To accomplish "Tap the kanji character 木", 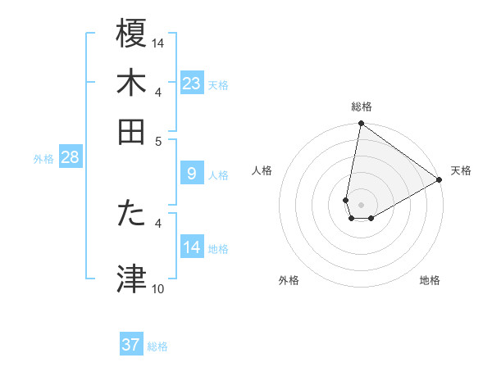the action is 132,82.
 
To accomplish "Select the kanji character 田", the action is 132,131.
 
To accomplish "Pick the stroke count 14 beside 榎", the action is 158,43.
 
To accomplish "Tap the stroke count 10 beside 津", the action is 158,288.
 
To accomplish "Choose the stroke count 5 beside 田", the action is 159,140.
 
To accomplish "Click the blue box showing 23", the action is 191,83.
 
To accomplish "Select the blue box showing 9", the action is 191,173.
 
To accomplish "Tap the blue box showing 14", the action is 191,247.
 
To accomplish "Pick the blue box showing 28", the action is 70,157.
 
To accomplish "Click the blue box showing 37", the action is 131,345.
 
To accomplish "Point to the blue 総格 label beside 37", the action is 157,346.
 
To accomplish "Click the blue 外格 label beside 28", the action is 43,159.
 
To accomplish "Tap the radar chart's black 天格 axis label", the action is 461,170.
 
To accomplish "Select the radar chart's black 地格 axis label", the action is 430,280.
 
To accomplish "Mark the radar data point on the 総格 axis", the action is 361,124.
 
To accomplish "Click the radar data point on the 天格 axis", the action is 440,179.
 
